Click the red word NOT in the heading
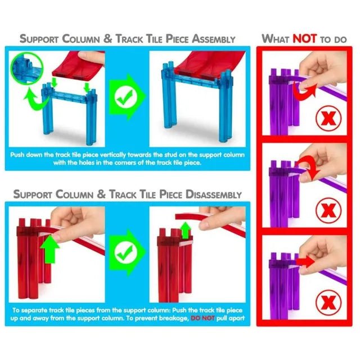point(305,39)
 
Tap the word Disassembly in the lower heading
point(214,194)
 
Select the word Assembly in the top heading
point(214,39)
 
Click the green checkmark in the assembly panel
point(125,97)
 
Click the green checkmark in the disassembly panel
point(125,252)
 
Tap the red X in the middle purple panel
point(328,210)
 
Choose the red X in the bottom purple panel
point(328,303)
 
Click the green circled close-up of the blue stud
point(27,68)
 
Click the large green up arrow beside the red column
point(49,249)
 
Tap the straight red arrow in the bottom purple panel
point(305,262)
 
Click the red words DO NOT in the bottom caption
point(202,318)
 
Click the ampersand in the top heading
point(107,38)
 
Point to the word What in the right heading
point(276,39)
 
